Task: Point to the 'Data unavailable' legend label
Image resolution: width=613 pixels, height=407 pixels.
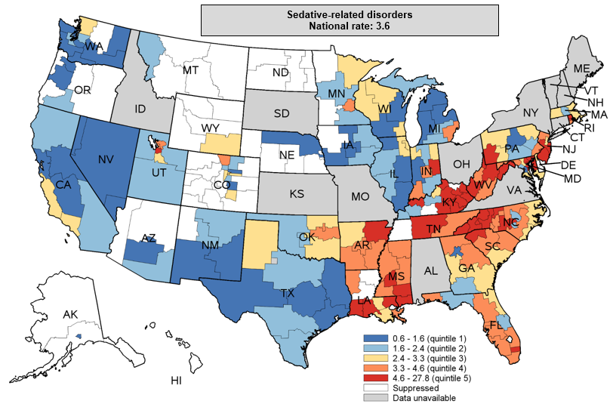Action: pyautogui.click(x=426, y=397)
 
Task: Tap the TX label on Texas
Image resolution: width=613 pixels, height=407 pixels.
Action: pyautogui.click(x=288, y=293)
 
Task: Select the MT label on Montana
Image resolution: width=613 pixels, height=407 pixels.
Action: pyautogui.click(x=190, y=70)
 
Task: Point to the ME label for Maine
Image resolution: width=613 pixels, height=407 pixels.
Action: pyautogui.click(x=581, y=69)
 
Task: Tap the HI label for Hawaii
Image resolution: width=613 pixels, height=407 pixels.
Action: pyautogui.click(x=176, y=381)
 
